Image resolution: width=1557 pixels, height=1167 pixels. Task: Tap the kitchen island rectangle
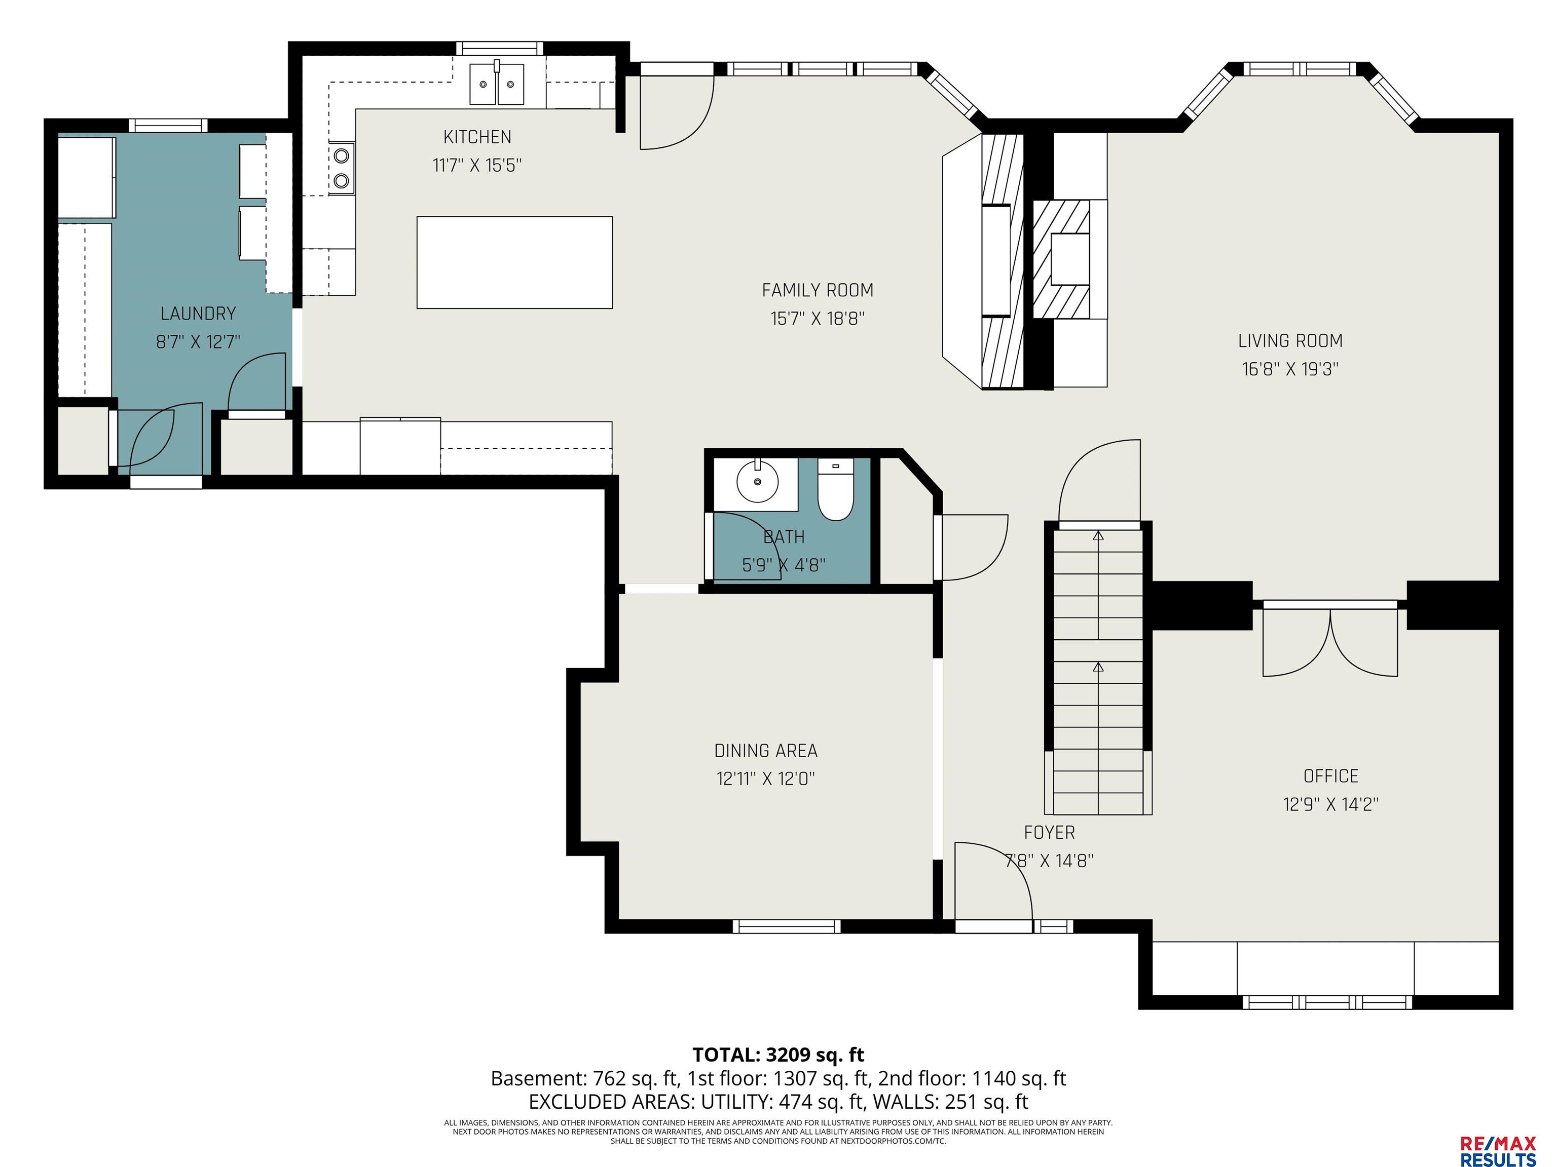coord(514,262)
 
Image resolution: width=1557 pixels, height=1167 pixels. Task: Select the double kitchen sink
coord(497,83)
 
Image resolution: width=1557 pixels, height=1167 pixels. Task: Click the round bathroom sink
coord(757,482)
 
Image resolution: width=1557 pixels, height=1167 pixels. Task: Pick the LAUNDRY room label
coord(198,313)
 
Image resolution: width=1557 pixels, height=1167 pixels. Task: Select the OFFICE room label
coord(1330,776)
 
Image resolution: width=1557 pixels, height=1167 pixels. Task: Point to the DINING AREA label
coord(766,751)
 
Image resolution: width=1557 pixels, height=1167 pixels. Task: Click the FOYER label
coord(1049,832)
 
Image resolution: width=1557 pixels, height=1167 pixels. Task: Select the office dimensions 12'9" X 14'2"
coord(1330,804)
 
